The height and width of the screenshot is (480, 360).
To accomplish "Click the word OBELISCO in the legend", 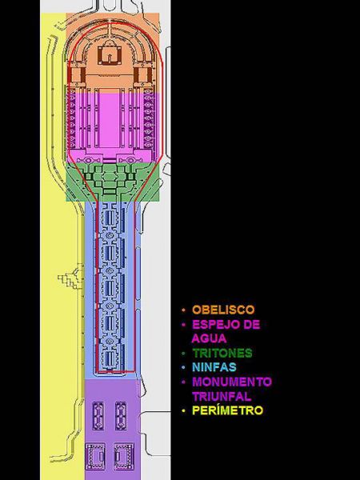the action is click(x=223, y=310).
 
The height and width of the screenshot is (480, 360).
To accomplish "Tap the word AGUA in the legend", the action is click(x=209, y=338).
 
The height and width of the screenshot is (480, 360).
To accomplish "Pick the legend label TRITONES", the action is click(x=222, y=353).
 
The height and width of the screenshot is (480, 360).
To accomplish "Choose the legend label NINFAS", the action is click(x=214, y=366).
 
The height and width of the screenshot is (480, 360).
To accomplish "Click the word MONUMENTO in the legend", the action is click(x=232, y=382).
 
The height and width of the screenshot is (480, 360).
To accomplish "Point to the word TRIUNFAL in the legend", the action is click(x=222, y=397).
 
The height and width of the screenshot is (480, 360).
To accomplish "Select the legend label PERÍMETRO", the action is click(x=227, y=410).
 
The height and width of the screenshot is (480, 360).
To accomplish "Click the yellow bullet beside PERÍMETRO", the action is click(x=183, y=410).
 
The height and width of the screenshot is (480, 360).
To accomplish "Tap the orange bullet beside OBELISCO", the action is click(x=183, y=310).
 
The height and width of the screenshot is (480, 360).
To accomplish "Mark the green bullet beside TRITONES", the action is click(x=183, y=354).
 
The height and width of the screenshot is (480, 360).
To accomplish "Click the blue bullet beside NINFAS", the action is click(x=183, y=367).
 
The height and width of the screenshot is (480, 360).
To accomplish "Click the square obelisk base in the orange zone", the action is click(x=110, y=54).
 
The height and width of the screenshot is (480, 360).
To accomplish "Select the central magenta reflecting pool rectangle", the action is click(x=110, y=120).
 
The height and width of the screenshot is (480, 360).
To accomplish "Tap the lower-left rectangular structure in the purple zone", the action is click(x=95, y=456).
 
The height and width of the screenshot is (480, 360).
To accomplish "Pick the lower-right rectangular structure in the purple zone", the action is click(x=124, y=456).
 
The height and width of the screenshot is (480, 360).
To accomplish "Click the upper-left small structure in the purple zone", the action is click(x=98, y=415).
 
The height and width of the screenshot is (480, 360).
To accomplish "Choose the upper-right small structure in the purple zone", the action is click(x=121, y=415).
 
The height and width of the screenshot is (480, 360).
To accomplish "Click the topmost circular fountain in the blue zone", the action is click(x=110, y=235).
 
